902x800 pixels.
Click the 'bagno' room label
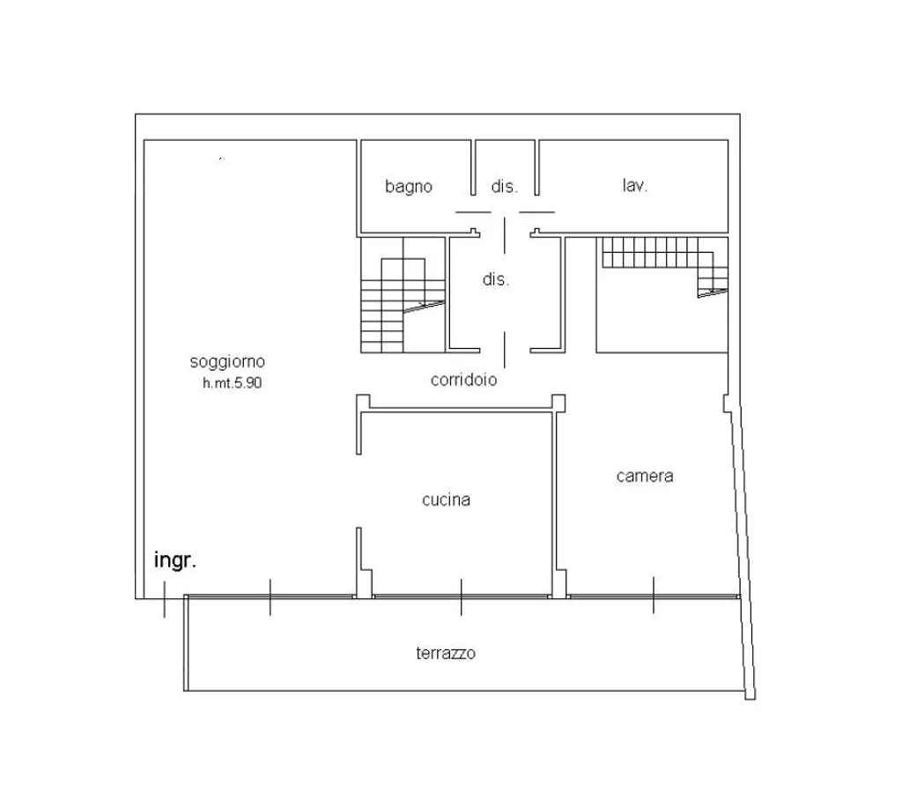click(409, 187)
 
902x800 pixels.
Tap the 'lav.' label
click(635, 185)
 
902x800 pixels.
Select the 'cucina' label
click(447, 500)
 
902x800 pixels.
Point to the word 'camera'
click(645, 476)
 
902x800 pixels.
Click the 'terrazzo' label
click(446, 653)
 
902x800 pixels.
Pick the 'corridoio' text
click(463, 379)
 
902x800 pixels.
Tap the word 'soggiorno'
click(227, 362)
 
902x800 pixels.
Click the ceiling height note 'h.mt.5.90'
click(232, 382)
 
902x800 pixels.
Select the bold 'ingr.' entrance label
click(175, 560)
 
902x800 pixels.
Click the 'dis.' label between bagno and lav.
click(505, 186)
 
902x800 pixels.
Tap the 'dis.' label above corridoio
click(496, 279)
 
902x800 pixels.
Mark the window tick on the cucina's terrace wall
click(461, 596)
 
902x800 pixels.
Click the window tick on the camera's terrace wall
click(654, 595)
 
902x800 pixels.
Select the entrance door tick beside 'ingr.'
click(165, 600)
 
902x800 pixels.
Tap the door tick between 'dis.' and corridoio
click(505, 350)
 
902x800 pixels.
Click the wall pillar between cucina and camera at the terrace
click(559, 583)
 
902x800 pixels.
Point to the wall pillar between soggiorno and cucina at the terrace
click(365, 583)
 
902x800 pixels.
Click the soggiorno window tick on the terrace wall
click(270, 597)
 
